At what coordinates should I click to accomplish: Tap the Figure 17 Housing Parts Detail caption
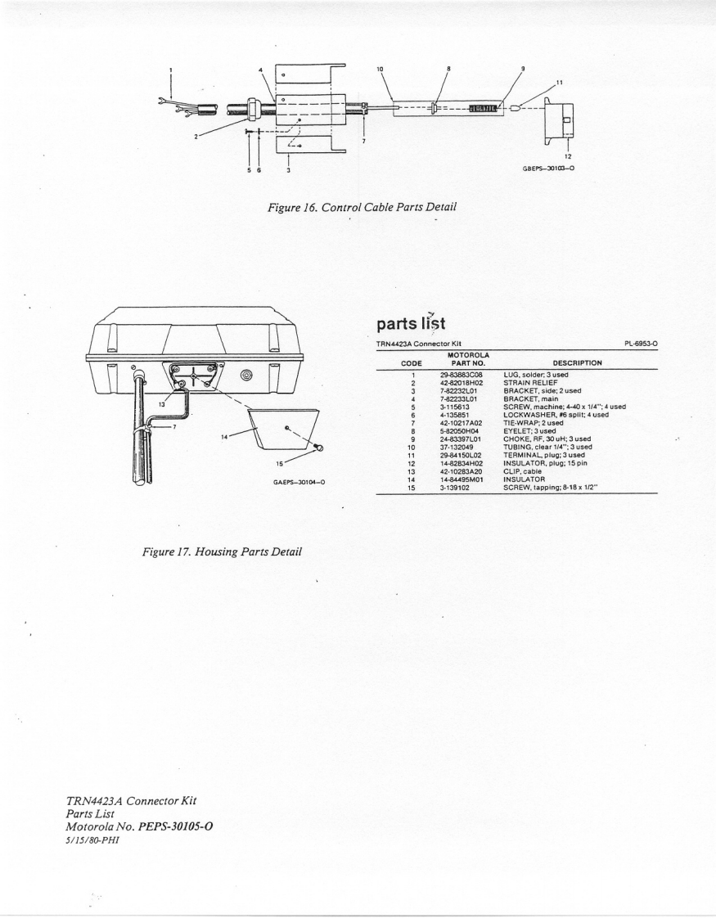[x=223, y=551]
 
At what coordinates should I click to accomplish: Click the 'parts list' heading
[x=410, y=324]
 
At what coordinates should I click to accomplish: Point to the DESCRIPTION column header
[x=577, y=362]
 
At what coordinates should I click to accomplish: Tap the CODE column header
[x=413, y=362]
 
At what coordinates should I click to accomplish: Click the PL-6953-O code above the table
[x=641, y=344]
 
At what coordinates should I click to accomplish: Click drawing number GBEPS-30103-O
[x=548, y=168]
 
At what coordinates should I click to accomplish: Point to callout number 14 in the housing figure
[x=223, y=436]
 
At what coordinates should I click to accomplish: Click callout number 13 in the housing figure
[x=162, y=404]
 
